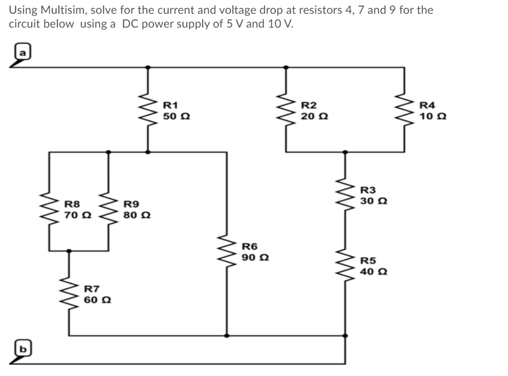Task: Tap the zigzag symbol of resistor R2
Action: [x=285, y=110]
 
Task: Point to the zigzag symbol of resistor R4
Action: [x=407, y=110]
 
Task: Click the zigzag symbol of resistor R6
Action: [x=227, y=251]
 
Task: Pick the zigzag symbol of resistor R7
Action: [x=71, y=293]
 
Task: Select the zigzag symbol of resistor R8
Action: [x=48, y=210]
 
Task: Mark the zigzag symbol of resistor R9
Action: [x=109, y=210]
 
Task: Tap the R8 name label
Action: [x=72, y=204]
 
